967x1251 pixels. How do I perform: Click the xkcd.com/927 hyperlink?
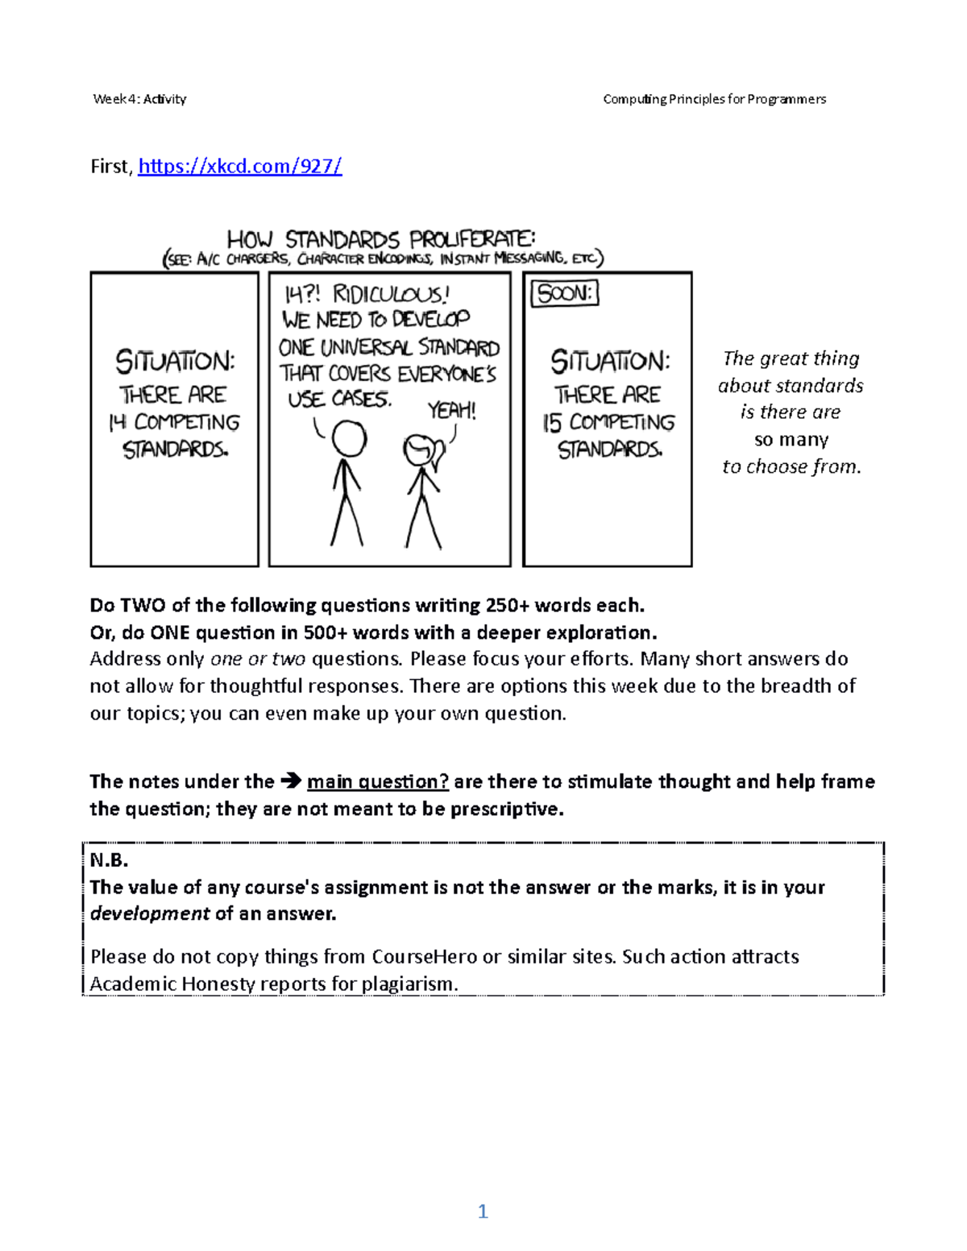(x=240, y=167)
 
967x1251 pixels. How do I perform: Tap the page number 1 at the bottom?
(x=483, y=1212)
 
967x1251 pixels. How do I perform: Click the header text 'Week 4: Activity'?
(x=139, y=99)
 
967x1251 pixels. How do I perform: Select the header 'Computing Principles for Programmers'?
(x=714, y=99)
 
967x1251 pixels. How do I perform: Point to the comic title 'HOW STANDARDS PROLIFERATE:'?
(x=380, y=239)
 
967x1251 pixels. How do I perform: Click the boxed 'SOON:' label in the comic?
(x=565, y=294)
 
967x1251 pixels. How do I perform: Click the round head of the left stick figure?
(x=348, y=440)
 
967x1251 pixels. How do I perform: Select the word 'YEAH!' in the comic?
(x=451, y=411)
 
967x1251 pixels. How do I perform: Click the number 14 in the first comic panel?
(x=118, y=423)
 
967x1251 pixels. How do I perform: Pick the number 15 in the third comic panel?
(x=553, y=423)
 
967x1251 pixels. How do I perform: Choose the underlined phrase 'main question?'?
(x=377, y=781)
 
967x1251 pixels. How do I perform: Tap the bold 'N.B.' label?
(x=109, y=860)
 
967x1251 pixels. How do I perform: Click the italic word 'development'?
(x=149, y=913)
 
